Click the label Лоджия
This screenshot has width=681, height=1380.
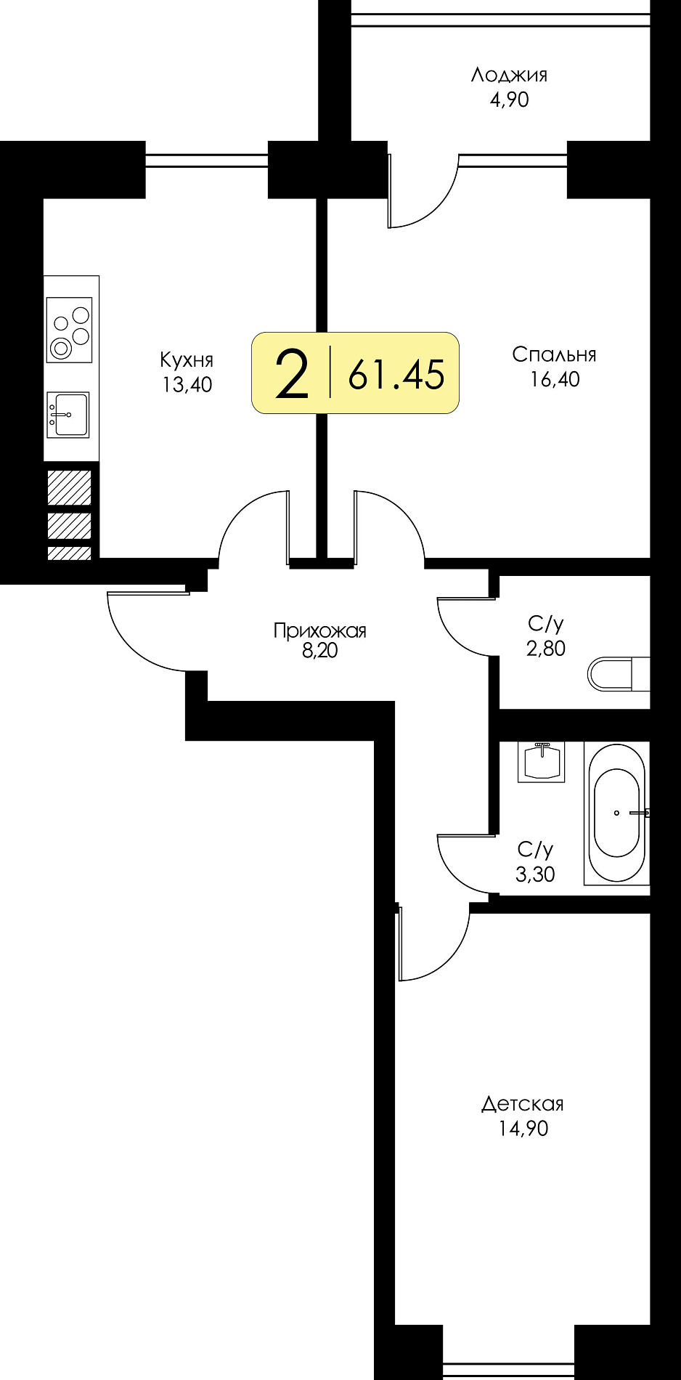point(509,76)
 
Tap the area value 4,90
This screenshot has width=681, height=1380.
point(509,100)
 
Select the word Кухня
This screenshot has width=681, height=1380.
point(187,360)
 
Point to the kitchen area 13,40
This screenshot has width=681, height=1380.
point(187,385)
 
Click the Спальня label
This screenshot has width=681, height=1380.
point(554,354)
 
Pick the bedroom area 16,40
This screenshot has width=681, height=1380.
point(555,379)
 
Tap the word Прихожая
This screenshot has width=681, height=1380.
point(319,630)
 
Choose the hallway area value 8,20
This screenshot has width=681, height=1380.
point(320,651)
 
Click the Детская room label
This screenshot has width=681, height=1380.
point(523,1104)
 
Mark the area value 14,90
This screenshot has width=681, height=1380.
point(523,1129)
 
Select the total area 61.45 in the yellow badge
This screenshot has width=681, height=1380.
point(396,375)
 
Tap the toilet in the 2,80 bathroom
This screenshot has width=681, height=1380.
point(618,674)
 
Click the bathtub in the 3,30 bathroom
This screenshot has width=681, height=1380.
point(616,813)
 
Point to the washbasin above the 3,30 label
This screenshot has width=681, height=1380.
point(542,762)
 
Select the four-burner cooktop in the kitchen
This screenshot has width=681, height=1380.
point(70,330)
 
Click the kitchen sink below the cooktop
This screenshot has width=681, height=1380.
point(68,415)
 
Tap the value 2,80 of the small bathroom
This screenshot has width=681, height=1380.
point(546,649)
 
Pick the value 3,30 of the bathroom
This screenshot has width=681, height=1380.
point(535,874)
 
